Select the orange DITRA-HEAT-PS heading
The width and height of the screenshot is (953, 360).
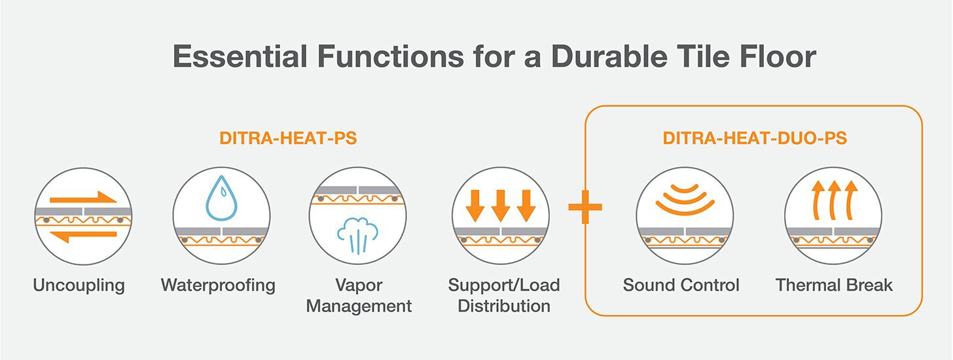(287, 139)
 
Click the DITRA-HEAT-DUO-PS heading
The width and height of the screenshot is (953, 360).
(754, 139)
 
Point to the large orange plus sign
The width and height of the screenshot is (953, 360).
(584, 207)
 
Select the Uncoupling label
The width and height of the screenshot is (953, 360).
(79, 285)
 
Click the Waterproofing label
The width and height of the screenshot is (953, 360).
(218, 285)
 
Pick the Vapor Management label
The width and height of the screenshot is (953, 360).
(359, 295)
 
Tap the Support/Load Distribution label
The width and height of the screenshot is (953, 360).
(504, 295)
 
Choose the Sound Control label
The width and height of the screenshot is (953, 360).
(681, 285)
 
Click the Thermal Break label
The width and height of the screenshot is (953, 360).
(834, 285)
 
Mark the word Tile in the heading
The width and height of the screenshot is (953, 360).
(702, 57)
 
